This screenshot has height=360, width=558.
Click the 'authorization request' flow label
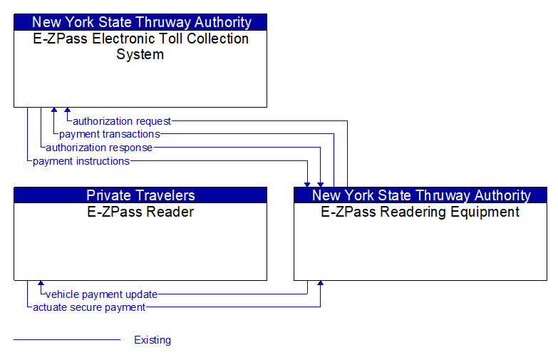[122, 121]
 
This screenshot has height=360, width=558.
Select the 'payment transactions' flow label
[110, 134]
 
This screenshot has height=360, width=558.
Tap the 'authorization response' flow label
[99, 148]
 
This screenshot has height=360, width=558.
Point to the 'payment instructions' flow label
[81, 161]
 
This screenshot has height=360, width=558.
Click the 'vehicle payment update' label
[101, 294]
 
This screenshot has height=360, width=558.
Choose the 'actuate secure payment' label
[89, 307]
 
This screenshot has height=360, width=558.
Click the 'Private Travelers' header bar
[140, 195]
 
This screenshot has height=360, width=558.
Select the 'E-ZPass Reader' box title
[140, 212]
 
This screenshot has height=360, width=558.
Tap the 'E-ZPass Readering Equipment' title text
[420, 212]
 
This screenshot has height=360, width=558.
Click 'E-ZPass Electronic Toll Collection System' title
[140, 46]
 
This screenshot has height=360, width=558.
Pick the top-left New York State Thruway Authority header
[140, 22]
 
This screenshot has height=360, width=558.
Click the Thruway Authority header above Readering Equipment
[420, 195]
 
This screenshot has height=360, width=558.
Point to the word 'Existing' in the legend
[153, 340]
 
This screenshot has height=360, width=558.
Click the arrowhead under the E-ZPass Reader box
[41, 284]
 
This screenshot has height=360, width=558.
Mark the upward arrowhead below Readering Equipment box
[321, 284]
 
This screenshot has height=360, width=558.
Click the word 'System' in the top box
[140, 55]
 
